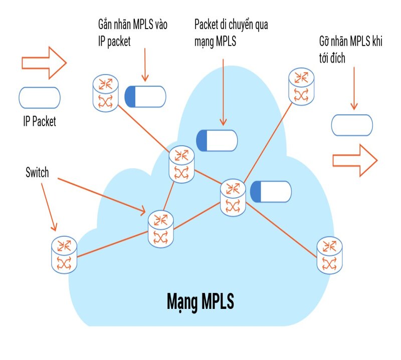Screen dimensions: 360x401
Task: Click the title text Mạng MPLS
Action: [x=200, y=302]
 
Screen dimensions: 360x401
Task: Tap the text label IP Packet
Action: [x=40, y=121]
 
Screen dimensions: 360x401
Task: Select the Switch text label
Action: [x=37, y=173]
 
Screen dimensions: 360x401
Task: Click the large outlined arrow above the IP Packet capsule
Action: [x=44, y=63]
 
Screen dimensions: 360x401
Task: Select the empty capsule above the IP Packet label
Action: [x=40, y=98]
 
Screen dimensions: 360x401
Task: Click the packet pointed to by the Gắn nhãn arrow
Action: [x=145, y=96]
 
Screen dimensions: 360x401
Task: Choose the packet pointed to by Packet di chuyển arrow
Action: [x=217, y=140]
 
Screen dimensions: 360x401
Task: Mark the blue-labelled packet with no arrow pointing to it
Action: [x=271, y=192]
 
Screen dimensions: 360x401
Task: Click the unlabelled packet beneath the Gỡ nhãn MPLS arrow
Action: [x=352, y=125]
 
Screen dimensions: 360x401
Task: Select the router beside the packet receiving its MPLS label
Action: [x=105, y=93]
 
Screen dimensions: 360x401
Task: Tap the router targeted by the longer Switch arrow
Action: [x=160, y=229]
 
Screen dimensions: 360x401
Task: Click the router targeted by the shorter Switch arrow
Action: [x=64, y=255]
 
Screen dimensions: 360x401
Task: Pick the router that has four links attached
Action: [x=234, y=197]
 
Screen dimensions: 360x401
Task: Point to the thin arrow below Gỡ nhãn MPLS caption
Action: [x=354, y=88]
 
